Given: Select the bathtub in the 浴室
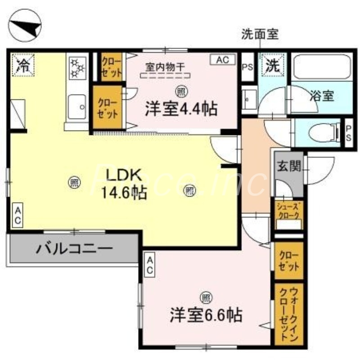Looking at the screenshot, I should (321, 67).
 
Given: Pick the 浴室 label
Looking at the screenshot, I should (322, 95).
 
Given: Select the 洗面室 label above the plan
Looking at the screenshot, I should (261, 34).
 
